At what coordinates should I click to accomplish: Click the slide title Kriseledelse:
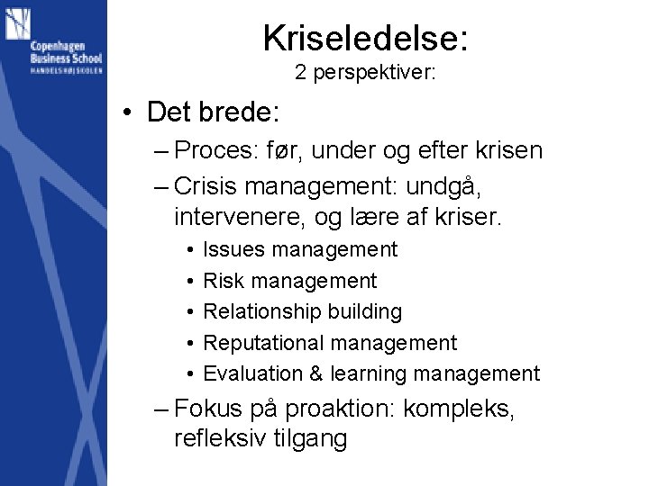pos(365,38)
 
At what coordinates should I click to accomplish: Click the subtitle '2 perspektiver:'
pos(365,74)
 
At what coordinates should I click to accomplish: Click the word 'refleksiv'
pos(221,439)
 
